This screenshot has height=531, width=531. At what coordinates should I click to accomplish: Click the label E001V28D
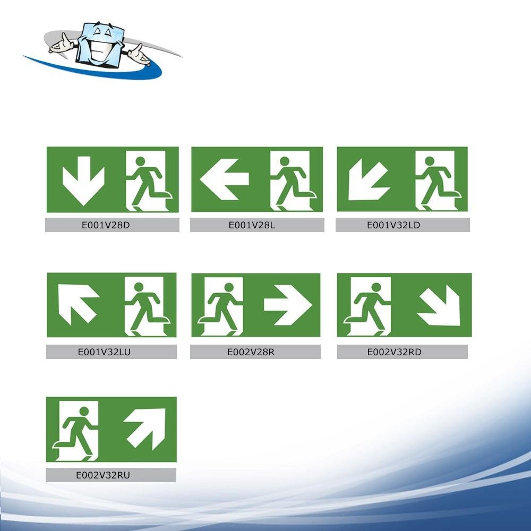pos(106,225)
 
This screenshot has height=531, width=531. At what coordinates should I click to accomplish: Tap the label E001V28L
pos(252,225)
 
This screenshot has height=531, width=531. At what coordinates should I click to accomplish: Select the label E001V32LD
pos(393,225)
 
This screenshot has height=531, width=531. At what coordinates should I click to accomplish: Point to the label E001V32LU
pos(104,352)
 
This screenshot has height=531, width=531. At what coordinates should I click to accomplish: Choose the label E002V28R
pos(251,352)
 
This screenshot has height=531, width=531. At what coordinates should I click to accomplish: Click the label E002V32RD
pos(394,352)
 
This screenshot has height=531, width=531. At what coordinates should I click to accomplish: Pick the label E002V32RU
pos(103,475)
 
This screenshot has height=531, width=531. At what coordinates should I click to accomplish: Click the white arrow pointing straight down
pos(83,181)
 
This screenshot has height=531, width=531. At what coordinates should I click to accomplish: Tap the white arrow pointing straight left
pos(224,179)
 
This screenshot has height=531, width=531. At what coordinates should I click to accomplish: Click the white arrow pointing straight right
pos(288,305)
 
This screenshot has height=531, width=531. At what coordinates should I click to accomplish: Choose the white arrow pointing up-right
pos(145,429)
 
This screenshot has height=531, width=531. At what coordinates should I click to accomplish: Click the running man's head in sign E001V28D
pos(139,161)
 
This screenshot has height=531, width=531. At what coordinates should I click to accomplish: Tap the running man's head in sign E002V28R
pos(229,287)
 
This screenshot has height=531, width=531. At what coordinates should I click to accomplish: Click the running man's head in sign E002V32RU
pos(84,412)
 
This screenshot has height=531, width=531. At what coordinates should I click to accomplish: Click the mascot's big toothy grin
pos(100,50)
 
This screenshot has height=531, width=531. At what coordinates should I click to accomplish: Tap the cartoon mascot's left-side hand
pos(62,44)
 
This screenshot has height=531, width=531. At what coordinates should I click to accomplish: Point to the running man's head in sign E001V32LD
pos(430,161)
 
